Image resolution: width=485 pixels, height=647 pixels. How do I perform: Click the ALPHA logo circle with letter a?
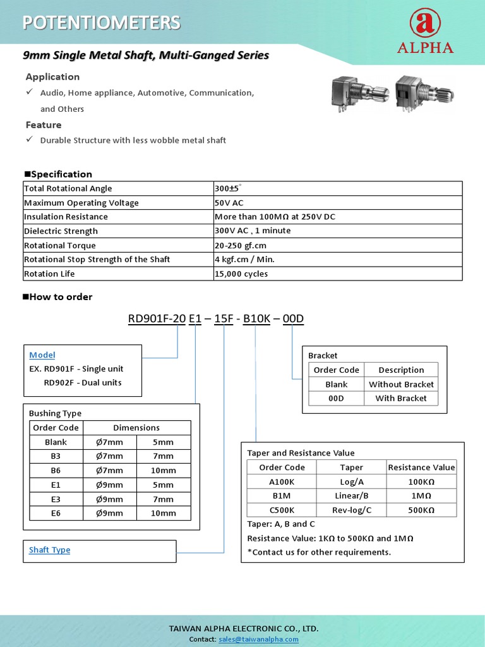coord(425,23)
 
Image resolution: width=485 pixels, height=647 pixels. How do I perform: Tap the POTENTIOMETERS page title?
coord(102,23)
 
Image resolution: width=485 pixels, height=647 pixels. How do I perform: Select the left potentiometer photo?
coord(358,95)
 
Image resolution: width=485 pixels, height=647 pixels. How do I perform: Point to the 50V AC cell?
coord(229,203)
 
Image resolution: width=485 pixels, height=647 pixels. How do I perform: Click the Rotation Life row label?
coord(49,274)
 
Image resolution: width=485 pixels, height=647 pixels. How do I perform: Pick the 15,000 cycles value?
coord(241,274)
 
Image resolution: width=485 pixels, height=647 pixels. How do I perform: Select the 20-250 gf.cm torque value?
coord(241,245)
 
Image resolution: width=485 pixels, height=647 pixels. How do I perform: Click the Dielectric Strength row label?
coord(61,231)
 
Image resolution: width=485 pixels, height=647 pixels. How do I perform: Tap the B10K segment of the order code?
coord(257,319)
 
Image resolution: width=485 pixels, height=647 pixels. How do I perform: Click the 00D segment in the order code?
coord(293,319)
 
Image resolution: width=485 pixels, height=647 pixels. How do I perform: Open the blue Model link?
coord(42,355)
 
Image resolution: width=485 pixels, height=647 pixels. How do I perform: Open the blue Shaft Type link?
coord(49,550)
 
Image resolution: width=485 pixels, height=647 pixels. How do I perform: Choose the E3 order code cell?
coord(56,499)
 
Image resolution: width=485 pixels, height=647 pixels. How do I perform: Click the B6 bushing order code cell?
coord(56,470)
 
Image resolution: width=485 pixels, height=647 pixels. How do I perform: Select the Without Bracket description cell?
coord(401,384)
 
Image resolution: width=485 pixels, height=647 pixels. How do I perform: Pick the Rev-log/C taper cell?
coord(351,510)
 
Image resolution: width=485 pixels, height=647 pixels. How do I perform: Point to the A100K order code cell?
coord(282,481)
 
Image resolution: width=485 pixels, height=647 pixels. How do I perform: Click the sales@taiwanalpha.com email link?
coord(258,639)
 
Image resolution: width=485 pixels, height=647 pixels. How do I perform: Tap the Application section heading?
coord(52,77)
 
